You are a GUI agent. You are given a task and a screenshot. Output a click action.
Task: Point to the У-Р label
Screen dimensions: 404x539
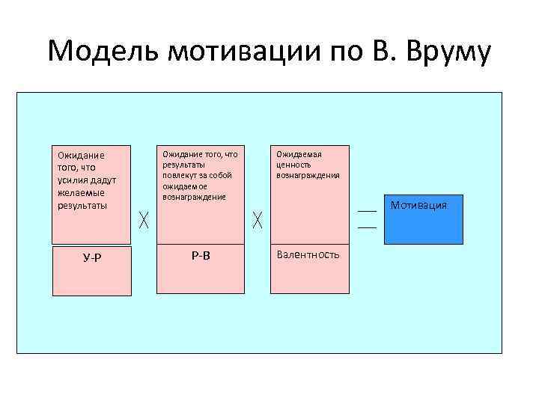pyautogui.click(x=92, y=258)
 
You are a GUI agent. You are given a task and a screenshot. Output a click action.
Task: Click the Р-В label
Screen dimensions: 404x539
pyautogui.click(x=201, y=255)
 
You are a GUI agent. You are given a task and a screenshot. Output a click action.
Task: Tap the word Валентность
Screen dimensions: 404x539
pyautogui.click(x=308, y=254)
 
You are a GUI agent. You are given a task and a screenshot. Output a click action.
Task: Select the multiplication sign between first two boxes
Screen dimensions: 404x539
pyautogui.click(x=144, y=220)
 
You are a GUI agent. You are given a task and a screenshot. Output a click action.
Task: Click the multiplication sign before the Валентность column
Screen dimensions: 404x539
pyautogui.click(x=258, y=220)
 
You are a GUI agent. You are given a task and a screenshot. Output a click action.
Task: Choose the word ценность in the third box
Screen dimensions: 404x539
pyautogui.click(x=294, y=165)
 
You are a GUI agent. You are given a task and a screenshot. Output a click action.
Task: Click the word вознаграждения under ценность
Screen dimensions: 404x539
pyautogui.click(x=308, y=175)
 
